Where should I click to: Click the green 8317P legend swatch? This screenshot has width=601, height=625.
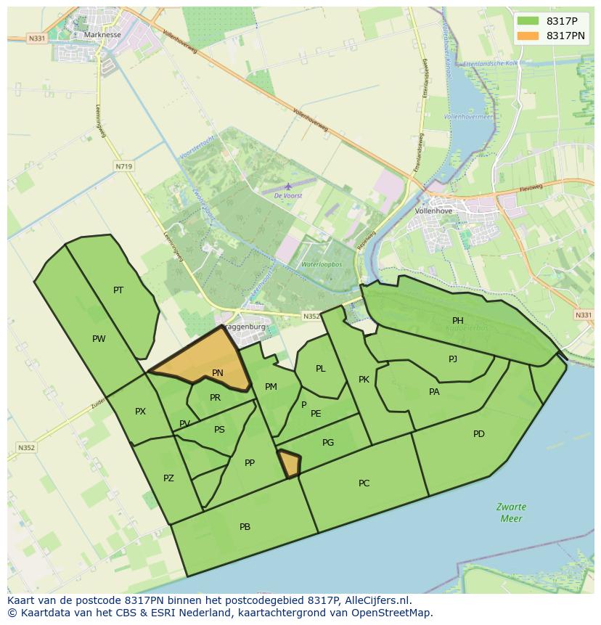528,21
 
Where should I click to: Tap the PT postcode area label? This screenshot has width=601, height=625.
118,290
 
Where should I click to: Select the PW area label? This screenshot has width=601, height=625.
99,339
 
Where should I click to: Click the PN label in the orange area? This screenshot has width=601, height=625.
218,373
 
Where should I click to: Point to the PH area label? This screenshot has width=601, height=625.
458,321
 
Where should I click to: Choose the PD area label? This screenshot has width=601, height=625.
479,434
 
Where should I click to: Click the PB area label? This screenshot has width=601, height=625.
245,527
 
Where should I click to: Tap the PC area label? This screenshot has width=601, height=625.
364,483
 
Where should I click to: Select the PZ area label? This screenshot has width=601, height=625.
168,478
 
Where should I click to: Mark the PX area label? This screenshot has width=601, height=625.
140,412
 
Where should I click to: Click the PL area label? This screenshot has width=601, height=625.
321,369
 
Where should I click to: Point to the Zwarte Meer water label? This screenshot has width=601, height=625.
512,512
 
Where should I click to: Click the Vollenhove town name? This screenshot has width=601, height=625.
433,211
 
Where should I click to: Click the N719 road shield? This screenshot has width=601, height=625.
123,166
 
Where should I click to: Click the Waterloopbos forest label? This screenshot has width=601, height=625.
322,265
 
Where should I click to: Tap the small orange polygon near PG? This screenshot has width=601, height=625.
290,464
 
